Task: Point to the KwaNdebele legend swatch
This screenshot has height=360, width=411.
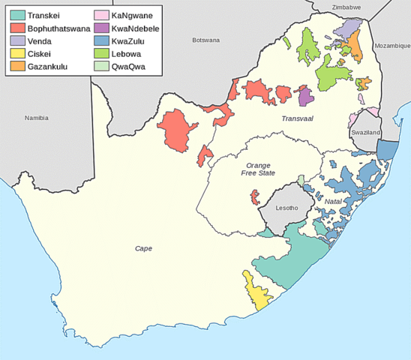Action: [100, 28]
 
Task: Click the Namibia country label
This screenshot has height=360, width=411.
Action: [36, 118]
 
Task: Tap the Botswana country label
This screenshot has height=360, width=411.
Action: [205, 39]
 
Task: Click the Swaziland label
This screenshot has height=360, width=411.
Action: [366, 132]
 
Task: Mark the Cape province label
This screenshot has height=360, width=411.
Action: [143, 248]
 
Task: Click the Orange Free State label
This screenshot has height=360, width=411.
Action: [254, 169]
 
